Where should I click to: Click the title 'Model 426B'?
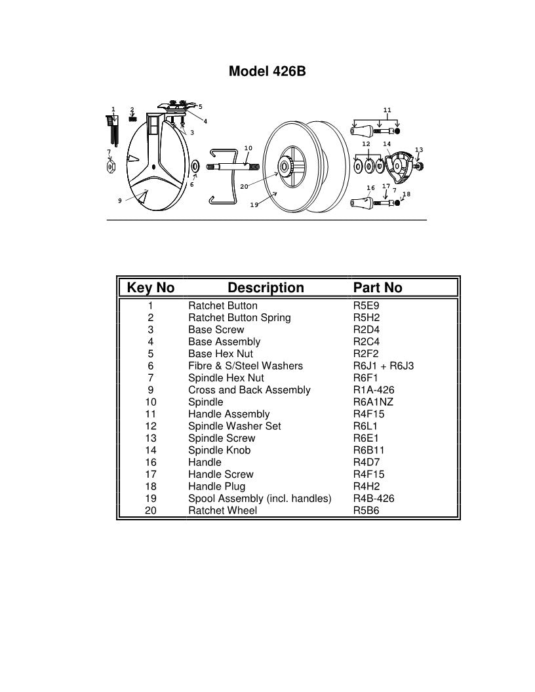pyautogui.click(x=267, y=71)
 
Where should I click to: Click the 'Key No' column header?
pyautogui.click(x=150, y=288)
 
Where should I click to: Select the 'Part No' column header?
pyautogui.click(x=377, y=288)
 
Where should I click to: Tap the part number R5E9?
pyautogui.click(x=366, y=305)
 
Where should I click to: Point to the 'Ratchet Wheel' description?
pyautogui.click(x=222, y=510)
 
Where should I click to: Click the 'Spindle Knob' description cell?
pyautogui.click(x=219, y=450)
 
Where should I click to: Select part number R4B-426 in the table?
pyautogui.click(x=373, y=498)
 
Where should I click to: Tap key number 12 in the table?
pyautogui.click(x=150, y=426)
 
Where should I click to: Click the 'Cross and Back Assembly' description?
pyautogui.click(x=249, y=390)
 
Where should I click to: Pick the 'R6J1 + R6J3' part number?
pyautogui.click(x=383, y=366)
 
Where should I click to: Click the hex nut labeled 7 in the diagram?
pyautogui.click(x=111, y=167)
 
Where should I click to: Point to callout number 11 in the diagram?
pyautogui.click(x=387, y=109)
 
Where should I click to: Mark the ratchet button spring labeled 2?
pyautogui.click(x=132, y=119)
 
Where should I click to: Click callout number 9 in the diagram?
pyautogui.click(x=120, y=201)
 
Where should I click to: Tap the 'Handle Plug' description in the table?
pyautogui.click(x=216, y=486)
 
